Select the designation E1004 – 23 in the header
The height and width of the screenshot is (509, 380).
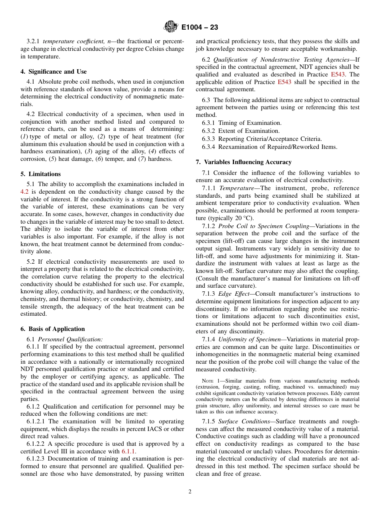[199, 28]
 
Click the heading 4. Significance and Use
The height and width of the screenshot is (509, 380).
[53, 72]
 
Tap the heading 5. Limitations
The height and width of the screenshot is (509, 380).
[40, 174]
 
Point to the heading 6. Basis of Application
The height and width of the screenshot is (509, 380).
[52, 329]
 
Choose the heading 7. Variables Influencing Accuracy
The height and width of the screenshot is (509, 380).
[244, 162]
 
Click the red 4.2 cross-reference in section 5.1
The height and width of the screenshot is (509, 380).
[24, 192]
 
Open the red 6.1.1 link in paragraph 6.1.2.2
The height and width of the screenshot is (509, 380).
[128, 451]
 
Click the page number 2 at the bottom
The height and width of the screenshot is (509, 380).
[190, 492]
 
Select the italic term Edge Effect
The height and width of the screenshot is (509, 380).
[232, 294]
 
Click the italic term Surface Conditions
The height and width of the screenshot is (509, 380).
[244, 421]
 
